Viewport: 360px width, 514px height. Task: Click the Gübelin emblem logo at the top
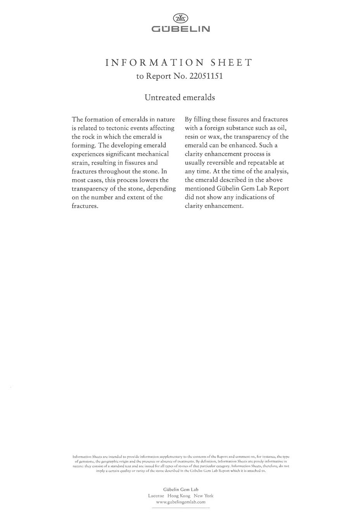coord(180,18)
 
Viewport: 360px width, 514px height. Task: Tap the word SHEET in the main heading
coord(231,62)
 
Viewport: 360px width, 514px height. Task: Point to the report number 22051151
coord(206,76)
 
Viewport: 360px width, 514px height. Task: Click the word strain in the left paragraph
coord(80,163)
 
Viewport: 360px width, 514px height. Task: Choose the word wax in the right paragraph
coord(216,137)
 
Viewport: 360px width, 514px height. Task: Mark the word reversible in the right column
coord(222,163)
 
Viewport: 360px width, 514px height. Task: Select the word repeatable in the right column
coord(262,163)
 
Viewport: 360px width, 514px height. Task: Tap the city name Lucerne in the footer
coord(156,496)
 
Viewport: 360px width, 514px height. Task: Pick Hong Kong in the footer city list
coord(179,496)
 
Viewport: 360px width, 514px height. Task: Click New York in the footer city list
coord(204,496)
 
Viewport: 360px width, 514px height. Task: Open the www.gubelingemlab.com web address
coord(180,502)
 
